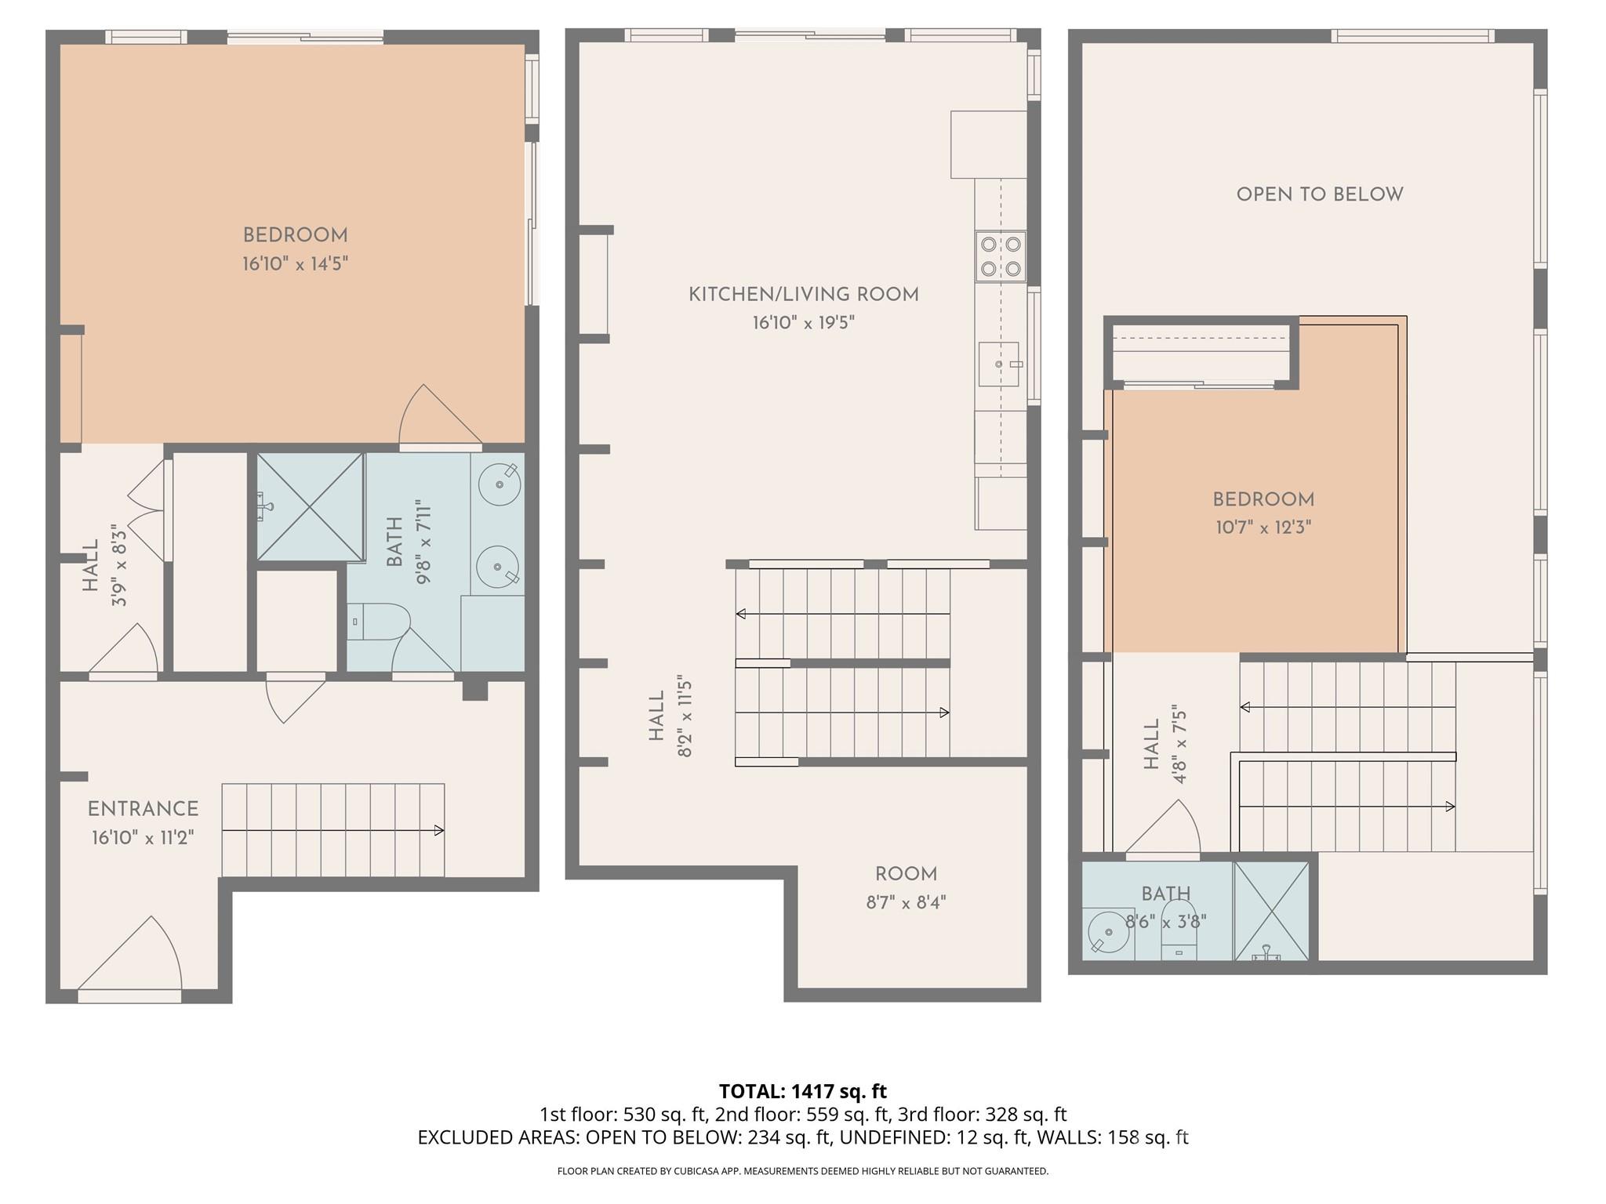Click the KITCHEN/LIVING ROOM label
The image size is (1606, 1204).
(x=803, y=295)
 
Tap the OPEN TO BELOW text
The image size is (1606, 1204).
(x=1320, y=194)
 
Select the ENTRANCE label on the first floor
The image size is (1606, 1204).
(x=143, y=809)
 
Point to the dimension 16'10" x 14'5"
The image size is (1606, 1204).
(x=295, y=263)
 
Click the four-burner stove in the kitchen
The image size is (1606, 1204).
(x=1001, y=256)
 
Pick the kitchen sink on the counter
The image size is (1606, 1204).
(x=999, y=364)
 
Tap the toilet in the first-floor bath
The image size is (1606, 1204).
(x=378, y=622)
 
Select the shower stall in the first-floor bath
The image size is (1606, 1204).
(x=311, y=506)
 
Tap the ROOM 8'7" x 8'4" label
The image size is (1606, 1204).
(x=906, y=887)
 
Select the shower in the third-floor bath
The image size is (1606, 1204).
(x=1271, y=911)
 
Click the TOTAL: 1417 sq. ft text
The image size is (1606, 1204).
(x=802, y=1091)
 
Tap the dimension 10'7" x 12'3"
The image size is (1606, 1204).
(x=1263, y=528)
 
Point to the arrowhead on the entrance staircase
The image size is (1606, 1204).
(x=439, y=830)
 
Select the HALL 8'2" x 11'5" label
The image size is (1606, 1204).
(x=670, y=716)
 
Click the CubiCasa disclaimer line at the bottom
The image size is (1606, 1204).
(x=802, y=1171)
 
